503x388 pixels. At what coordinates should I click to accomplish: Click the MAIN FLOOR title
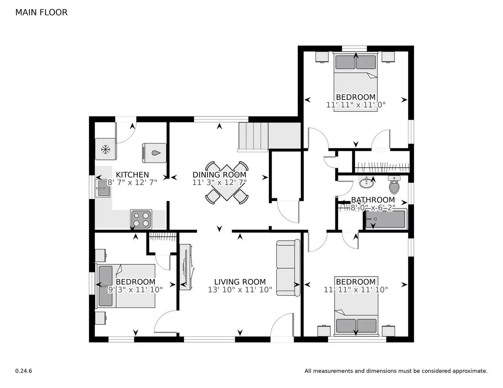point(41,12)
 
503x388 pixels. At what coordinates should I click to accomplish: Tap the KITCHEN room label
point(132,175)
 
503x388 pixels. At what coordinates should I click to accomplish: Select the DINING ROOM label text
point(219,175)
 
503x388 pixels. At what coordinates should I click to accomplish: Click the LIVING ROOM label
point(240,282)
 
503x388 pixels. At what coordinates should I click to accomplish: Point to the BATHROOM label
point(373,200)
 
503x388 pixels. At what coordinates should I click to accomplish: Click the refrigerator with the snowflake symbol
point(105,149)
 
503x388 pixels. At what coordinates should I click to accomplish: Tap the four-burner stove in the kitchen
point(141,219)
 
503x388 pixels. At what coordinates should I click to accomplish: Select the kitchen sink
point(103,189)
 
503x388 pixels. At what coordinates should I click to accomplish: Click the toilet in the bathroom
point(394,185)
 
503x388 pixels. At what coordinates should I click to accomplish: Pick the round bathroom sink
point(366,183)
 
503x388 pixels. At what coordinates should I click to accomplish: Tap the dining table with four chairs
point(227,183)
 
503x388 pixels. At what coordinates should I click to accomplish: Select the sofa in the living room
point(288,268)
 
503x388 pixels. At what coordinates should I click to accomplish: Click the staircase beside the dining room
point(254,136)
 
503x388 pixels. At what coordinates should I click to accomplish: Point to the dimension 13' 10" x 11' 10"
point(240,290)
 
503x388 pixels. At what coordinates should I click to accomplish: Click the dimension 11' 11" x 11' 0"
point(355,105)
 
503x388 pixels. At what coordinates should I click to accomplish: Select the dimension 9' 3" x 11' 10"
point(135,290)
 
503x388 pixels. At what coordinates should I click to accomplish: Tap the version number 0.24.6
point(23,371)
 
